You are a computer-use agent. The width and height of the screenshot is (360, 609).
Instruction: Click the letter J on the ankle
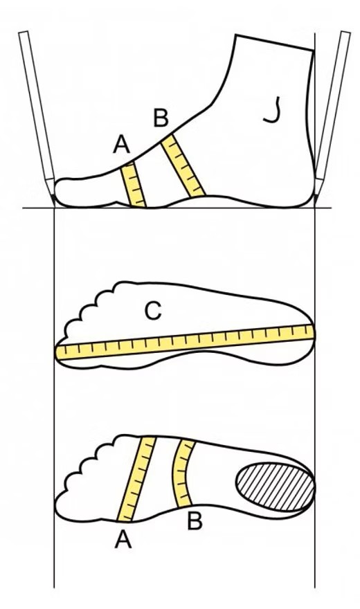[272, 111]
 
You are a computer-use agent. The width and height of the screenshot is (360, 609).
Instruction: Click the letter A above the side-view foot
[122, 144]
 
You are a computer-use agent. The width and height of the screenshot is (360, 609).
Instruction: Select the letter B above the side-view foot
[161, 118]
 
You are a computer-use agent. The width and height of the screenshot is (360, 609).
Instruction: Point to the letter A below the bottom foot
[123, 540]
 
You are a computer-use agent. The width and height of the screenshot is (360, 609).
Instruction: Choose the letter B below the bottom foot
[195, 521]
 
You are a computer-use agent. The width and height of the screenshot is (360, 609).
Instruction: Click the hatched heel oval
[275, 487]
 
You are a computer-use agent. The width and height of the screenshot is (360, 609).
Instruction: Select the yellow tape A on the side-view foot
[133, 185]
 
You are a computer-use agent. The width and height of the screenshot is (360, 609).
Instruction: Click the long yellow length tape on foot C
[184, 341]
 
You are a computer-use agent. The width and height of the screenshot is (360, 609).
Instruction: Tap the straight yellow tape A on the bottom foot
[136, 478]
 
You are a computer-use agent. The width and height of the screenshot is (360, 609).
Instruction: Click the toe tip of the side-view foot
[55, 191]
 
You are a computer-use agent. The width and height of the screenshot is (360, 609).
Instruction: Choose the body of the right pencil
[333, 113]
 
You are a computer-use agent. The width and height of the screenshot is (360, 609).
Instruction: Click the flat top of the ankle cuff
[274, 42]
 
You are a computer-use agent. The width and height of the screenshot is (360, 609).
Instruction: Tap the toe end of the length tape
[58, 352]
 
